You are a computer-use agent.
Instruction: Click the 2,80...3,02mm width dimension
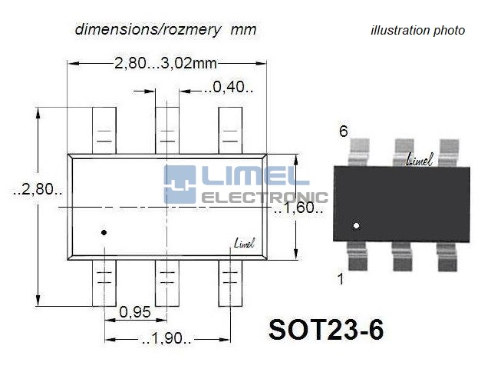(166, 63)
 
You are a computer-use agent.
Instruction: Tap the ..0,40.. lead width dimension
(229, 87)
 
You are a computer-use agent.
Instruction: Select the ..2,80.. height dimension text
(38, 189)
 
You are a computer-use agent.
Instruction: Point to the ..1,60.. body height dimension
(298, 208)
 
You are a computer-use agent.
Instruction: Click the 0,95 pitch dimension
(135, 312)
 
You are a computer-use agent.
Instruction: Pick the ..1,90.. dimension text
(166, 338)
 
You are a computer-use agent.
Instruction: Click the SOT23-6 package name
(326, 330)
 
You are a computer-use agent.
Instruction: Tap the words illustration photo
(417, 31)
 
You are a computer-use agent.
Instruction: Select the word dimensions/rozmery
(148, 29)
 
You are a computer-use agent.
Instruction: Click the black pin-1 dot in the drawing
(104, 232)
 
